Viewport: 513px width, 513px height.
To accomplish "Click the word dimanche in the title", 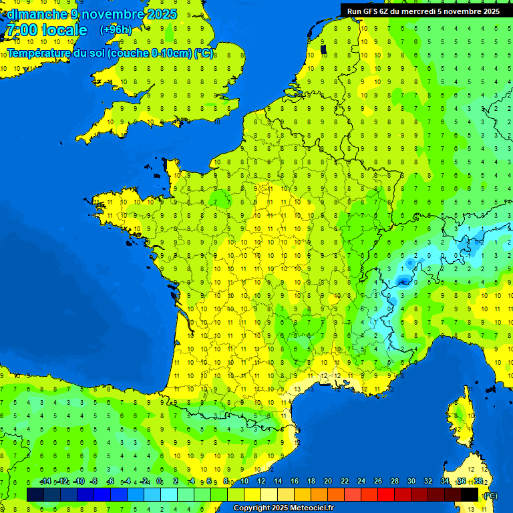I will [37, 14].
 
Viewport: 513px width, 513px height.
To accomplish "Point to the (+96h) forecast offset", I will [116, 30].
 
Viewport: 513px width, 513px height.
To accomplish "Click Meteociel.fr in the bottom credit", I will [313, 508].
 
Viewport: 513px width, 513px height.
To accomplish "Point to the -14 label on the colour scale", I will [45, 482].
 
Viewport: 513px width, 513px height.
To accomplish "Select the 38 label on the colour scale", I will [478, 482].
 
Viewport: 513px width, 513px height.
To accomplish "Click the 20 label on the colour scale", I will [327, 482].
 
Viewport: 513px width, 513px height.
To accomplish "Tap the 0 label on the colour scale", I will [159, 482].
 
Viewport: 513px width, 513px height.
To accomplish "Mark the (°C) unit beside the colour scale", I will [490, 496].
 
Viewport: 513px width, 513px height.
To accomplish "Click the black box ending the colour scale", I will [470, 494].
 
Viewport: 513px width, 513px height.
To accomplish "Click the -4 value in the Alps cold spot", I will [401, 281].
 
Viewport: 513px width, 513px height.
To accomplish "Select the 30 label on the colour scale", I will [411, 482].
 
